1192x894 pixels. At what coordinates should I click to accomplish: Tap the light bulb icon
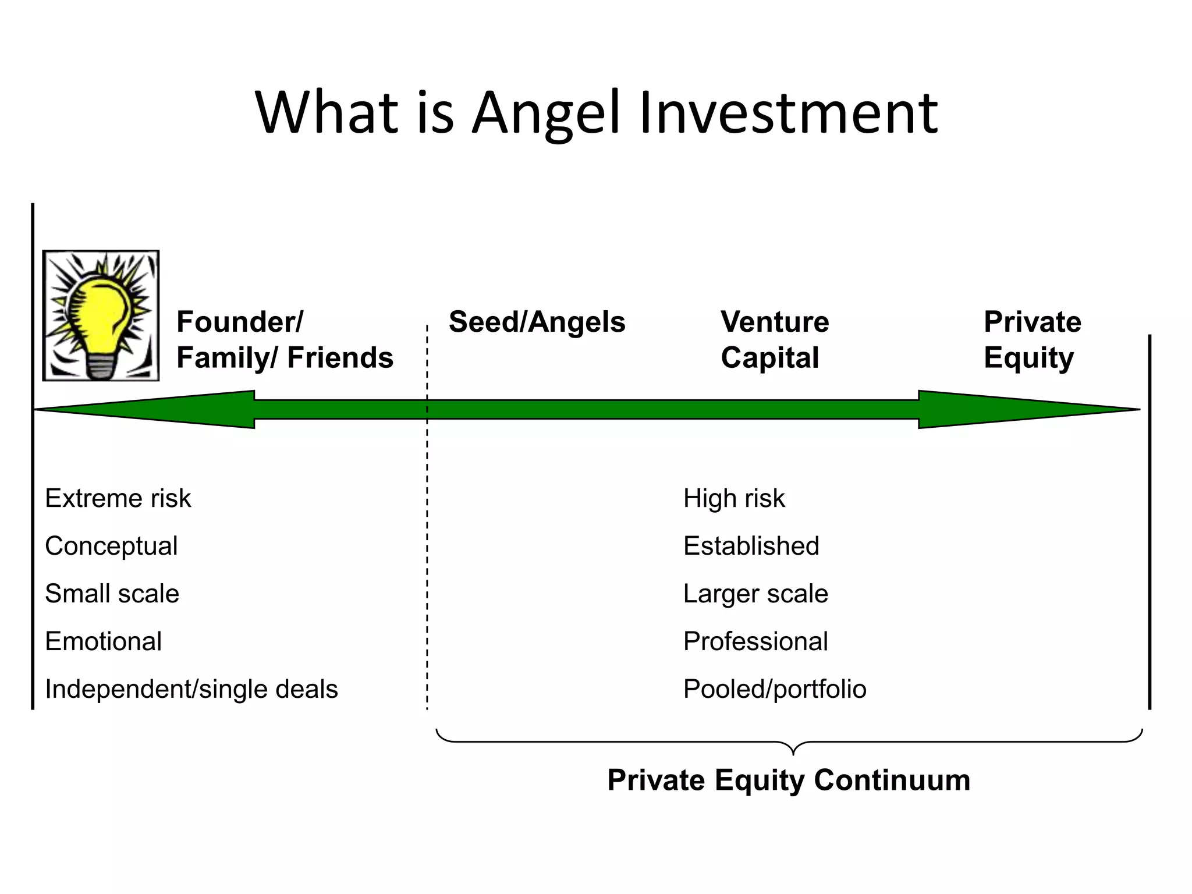coord(101,315)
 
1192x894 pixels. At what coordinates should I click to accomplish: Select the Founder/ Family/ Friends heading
coord(285,339)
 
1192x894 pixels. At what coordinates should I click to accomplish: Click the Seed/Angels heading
coord(537,322)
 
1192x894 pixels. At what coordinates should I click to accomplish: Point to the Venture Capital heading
coord(775,339)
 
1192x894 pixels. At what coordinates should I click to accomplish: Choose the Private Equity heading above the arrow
coord(1032,339)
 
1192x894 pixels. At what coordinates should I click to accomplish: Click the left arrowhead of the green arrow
coord(146,409)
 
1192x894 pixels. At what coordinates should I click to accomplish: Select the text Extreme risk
coord(118,498)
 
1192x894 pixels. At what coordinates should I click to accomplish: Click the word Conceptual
coord(111,546)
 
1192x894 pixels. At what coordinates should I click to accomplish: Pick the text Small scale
coord(112,594)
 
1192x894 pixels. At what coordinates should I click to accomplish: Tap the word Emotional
coord(103,641)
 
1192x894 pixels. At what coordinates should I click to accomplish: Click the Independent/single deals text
coord(191,689)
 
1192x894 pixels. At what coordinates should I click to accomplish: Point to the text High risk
coord(734,498)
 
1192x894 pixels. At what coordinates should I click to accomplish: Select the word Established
coord(751,546)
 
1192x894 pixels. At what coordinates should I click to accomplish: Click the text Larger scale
coord(755,594)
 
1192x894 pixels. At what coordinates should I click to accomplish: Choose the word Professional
coord(755,641)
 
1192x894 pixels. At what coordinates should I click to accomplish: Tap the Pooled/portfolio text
coord(775,689)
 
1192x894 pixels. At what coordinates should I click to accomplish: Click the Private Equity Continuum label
coord(789,780)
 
